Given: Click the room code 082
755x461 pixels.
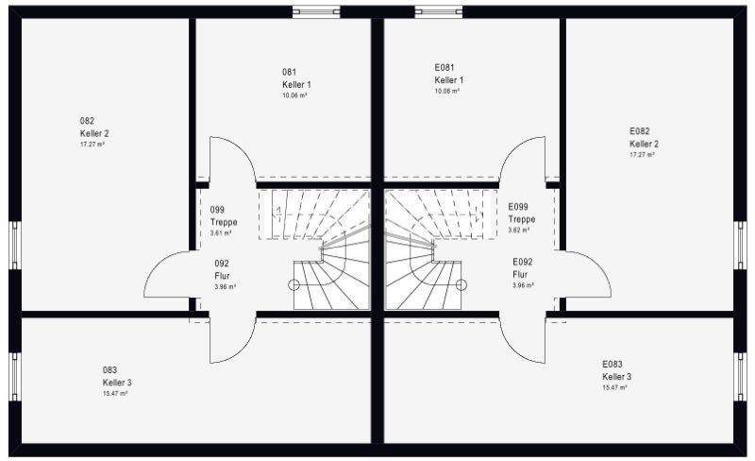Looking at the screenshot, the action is pyautogui.click(x=87, y=121).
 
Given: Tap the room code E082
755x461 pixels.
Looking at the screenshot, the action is pyautogui.click(x=640, y=131).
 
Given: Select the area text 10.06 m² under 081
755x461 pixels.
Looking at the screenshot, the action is pyautogui.click(x=294, y=95).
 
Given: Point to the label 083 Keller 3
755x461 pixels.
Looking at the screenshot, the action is pyautogui.click(x=117, y=376).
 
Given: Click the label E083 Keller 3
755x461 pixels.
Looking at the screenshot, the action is pyautogui.click(x=617, y=370).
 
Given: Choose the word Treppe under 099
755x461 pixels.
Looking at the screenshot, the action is pyautogui.click(x=224, y=222).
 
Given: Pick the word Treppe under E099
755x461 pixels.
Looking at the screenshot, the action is pyautogui.click(x=522, y=219).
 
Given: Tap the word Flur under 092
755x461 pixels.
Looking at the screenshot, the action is pyautogui.click(x=222, y=276).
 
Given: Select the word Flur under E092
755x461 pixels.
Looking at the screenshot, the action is pyautogui.click(x=520, y=274).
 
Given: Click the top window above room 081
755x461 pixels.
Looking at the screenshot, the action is pyautogui.click(x=316, y=11).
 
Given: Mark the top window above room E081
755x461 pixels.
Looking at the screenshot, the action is pyautogui.click(x=439, y=11).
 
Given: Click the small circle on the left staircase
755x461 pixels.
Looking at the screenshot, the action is pyautogui.click(x=294, y=284).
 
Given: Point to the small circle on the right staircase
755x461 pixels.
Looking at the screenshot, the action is pyautogui.click(x=461, y=284).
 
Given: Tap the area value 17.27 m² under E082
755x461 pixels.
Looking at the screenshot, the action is pyautogui.click(x=643, y=155).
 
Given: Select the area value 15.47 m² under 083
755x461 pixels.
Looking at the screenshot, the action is pyautogui.click(x=115, y=394).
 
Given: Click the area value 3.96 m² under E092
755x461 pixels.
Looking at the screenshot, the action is pyautogui.click(x=523, y=285).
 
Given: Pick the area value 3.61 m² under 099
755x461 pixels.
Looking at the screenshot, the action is pyautogui.click(x=221, y=233).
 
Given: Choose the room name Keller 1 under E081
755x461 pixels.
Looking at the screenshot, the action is pyautogui.click(x=449, y=80).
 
